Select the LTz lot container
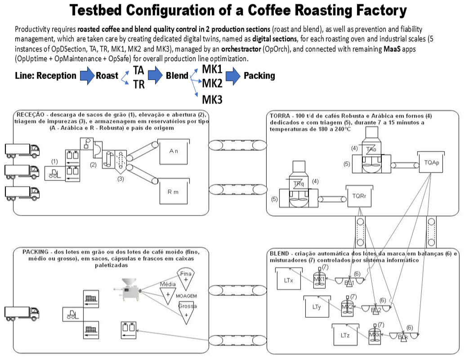(345, 335)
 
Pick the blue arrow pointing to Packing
(232, 76)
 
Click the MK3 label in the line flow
(212, 99)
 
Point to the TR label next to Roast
(138, 84)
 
